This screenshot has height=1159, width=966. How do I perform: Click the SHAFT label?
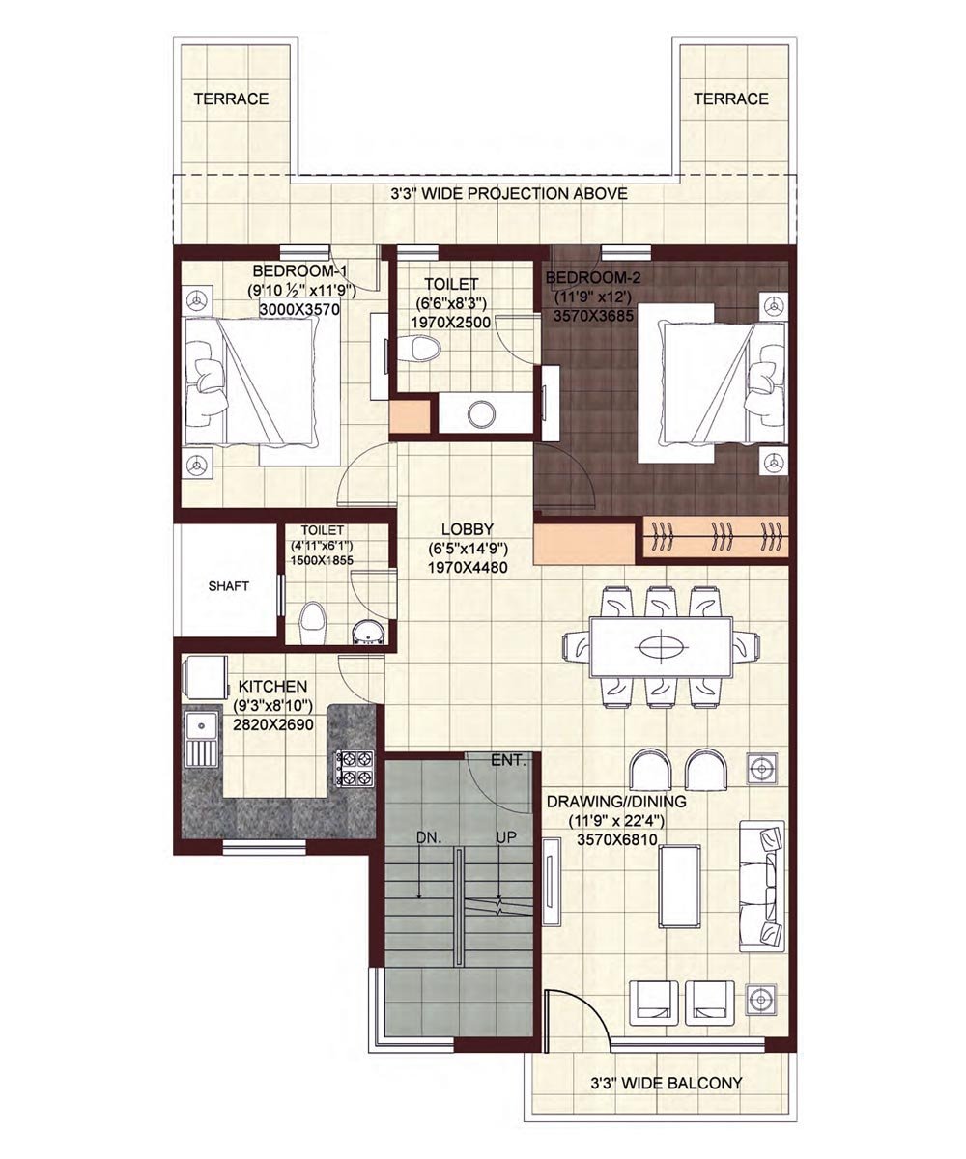[228, 586]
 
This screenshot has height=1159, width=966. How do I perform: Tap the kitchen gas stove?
[352, 768]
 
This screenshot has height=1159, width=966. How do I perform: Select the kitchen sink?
[201, 737]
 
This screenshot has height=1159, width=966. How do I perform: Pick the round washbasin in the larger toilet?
[481, 414]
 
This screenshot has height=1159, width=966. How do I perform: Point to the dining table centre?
[660, 647]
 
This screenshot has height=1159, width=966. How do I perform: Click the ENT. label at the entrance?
[508, 760]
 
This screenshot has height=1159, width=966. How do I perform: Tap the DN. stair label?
[429, 837]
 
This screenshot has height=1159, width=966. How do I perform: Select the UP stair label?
[506, 837]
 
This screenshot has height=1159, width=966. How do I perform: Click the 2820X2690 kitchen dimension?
[273, 724]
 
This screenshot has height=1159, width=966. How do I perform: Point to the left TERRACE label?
[231, 99]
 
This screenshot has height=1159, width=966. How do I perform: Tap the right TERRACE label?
[731, 99]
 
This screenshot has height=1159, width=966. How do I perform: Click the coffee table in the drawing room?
[679, 887]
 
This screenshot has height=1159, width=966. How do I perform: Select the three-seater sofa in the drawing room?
[762, 886]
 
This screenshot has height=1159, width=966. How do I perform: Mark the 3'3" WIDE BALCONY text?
[666, 1083]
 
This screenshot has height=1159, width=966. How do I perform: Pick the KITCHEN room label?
[272, 686]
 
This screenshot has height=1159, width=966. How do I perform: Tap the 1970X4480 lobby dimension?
[468, 568]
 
